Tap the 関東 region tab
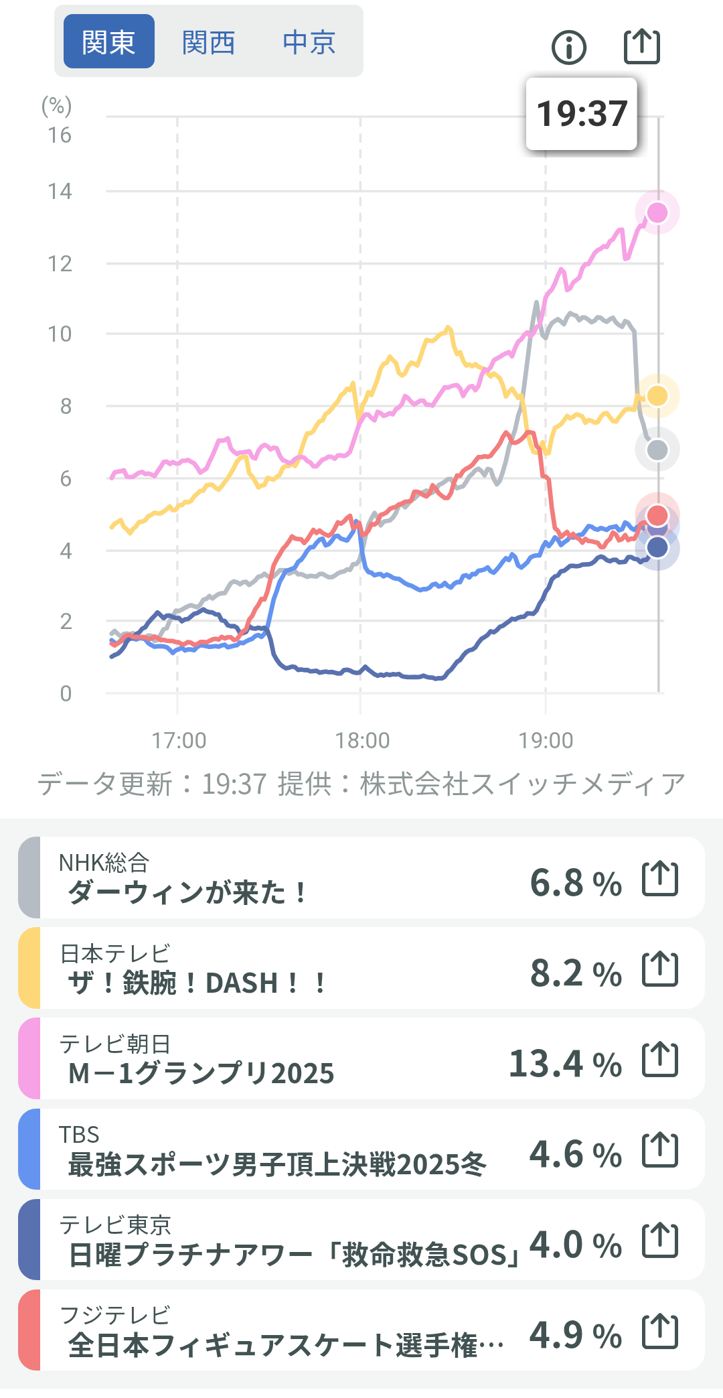(108, 42)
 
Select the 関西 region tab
(208, 42)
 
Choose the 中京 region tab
(309, 42)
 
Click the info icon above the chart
(568, 48)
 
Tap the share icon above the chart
(641, 47)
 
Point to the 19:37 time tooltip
(581, 114)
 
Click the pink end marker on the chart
(657, 212)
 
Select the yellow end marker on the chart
(657, 396)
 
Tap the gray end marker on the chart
(657, 450)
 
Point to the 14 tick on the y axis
(60, 192)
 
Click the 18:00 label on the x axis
(362, 740)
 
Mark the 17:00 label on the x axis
(179, 740)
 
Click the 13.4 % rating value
(565, 1064)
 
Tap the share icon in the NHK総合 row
(660, 879)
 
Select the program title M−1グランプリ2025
(201, 1073)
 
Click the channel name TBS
(79, 1134)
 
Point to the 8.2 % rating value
(576, 973)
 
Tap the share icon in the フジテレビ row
(660, 1331)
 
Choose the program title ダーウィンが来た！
(187, 892)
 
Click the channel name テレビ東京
(115, 1225)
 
